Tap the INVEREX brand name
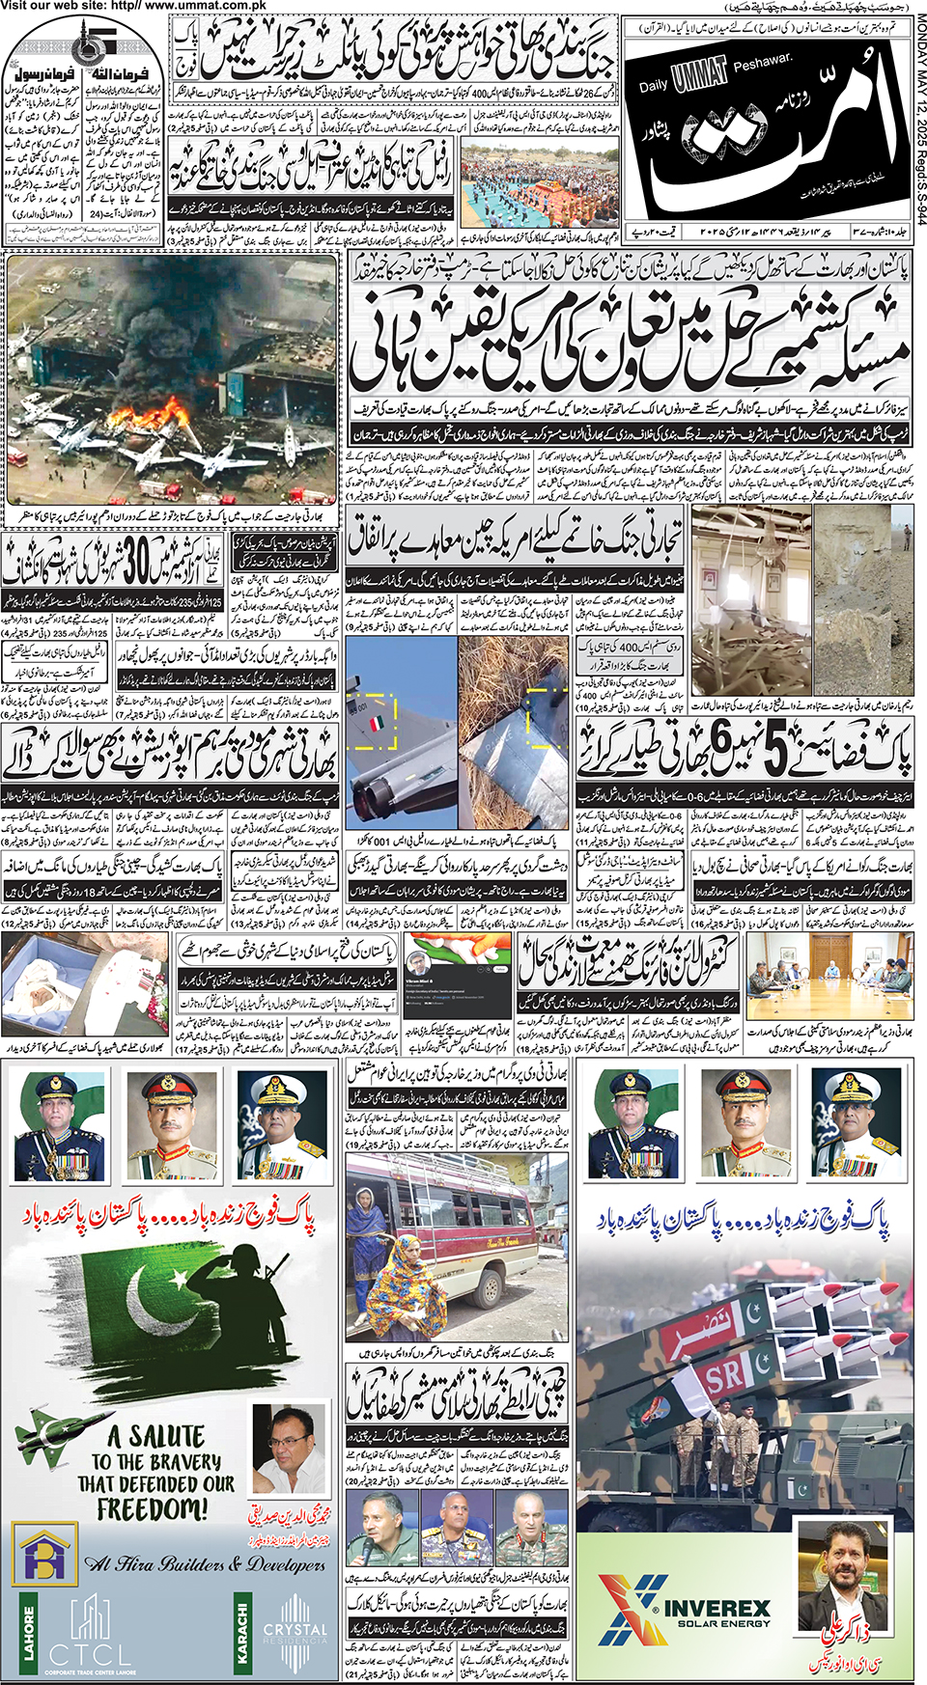(716, 1609)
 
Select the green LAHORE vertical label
(29, 1632)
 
